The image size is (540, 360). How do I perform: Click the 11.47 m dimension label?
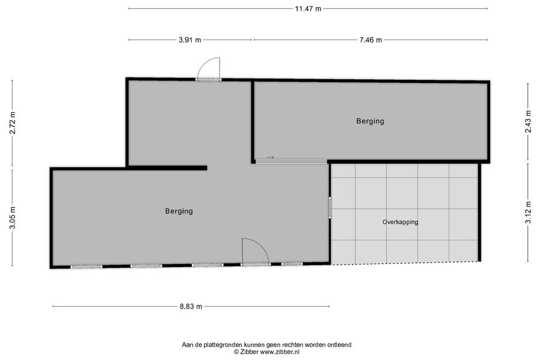tap(308, 8)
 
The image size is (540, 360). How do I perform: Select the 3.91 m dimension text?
tap(190, 40)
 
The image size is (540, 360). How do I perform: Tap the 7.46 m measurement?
tap(371, 40)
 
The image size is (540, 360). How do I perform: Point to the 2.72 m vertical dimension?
tap(13, 122)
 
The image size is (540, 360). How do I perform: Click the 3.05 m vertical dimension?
tap(13, 217)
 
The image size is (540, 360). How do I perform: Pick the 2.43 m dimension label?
tap(528, 121)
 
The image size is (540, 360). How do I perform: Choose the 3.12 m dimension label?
tap(528, 212)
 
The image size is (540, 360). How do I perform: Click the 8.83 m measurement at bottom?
tap(191, 306)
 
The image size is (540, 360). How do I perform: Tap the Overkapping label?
tap(400, 222)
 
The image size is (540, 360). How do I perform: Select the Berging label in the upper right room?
tap(370, 121)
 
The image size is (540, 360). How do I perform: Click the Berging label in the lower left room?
tap(179, 211)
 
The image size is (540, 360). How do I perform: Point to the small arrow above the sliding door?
tap(270, 157)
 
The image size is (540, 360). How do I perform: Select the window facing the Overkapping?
tap(329, 208)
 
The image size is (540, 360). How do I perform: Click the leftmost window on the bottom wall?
tap(86, 266)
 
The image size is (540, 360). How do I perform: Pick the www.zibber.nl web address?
tap(279, 352)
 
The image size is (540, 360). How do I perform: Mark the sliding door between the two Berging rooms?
tap(291, 161)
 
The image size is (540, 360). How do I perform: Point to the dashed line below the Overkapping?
tap(404, 263)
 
